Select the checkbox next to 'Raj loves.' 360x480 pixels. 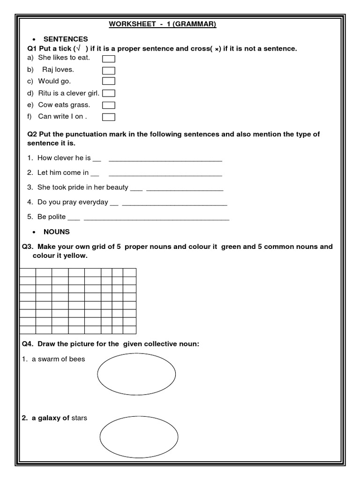pos(109,70)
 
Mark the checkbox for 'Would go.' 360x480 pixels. pos(109,82)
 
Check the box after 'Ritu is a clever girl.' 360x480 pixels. pos(109,93)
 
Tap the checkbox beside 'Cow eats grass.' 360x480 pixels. pos(109,105)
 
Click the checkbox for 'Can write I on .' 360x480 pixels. pos(109,117)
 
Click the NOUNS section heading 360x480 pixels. pos(56,232)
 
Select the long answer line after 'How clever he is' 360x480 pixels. pos(165,160)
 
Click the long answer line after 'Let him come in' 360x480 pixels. pos(165,175)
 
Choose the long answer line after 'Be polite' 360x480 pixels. pos(157,219)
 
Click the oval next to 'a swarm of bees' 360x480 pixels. pos(136,374)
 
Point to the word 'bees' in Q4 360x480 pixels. pos(77,360)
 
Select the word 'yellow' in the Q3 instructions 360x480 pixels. pos(77,256)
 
